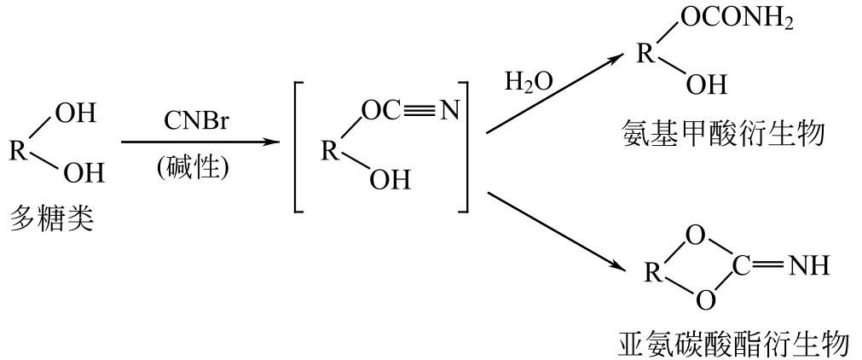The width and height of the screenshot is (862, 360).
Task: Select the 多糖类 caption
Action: [52, 219]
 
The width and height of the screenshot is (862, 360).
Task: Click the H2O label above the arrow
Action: [529, 82]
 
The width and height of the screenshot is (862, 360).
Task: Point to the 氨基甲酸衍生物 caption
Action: [723, 134]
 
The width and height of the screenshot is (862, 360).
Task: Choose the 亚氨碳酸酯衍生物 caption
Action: [732, 345]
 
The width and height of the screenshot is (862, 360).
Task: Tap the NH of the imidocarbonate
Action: [808, 266]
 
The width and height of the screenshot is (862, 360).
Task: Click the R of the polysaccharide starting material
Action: [18, 151]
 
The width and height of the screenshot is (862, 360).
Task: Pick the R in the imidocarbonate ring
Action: [652, 274]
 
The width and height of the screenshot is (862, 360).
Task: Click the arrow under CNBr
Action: [200, 142]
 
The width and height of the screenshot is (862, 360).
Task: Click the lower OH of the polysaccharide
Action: [84, 174]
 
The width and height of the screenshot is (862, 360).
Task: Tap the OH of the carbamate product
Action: [707, 85]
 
